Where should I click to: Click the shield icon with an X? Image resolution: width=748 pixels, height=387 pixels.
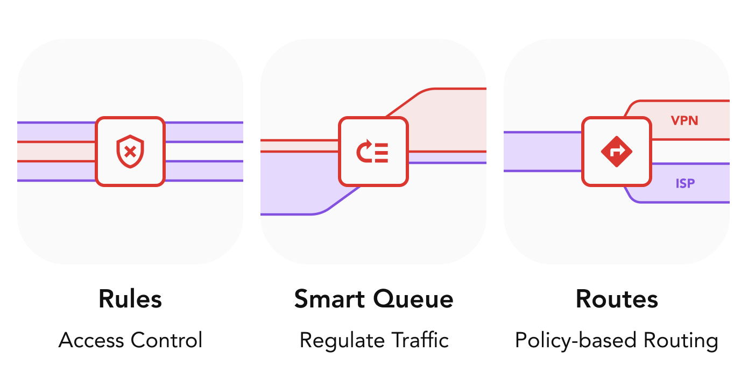[x=130, y=152]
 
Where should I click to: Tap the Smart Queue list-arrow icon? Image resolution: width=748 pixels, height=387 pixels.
[x=373, y=152]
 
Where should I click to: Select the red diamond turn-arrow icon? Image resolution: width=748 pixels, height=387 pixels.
[x=616, y=152]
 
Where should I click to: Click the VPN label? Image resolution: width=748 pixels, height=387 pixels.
[x=685, y=120]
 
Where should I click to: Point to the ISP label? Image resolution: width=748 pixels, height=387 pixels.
[x=685, y=184]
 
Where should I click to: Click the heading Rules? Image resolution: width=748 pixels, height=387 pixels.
[x=130, y=299]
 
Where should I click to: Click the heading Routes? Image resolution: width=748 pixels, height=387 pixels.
[x=617, y=299]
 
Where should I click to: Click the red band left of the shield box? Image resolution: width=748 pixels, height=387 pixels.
[x=57, y=152]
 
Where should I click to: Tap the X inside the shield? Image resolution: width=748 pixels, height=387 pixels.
[x=130, y=152]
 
